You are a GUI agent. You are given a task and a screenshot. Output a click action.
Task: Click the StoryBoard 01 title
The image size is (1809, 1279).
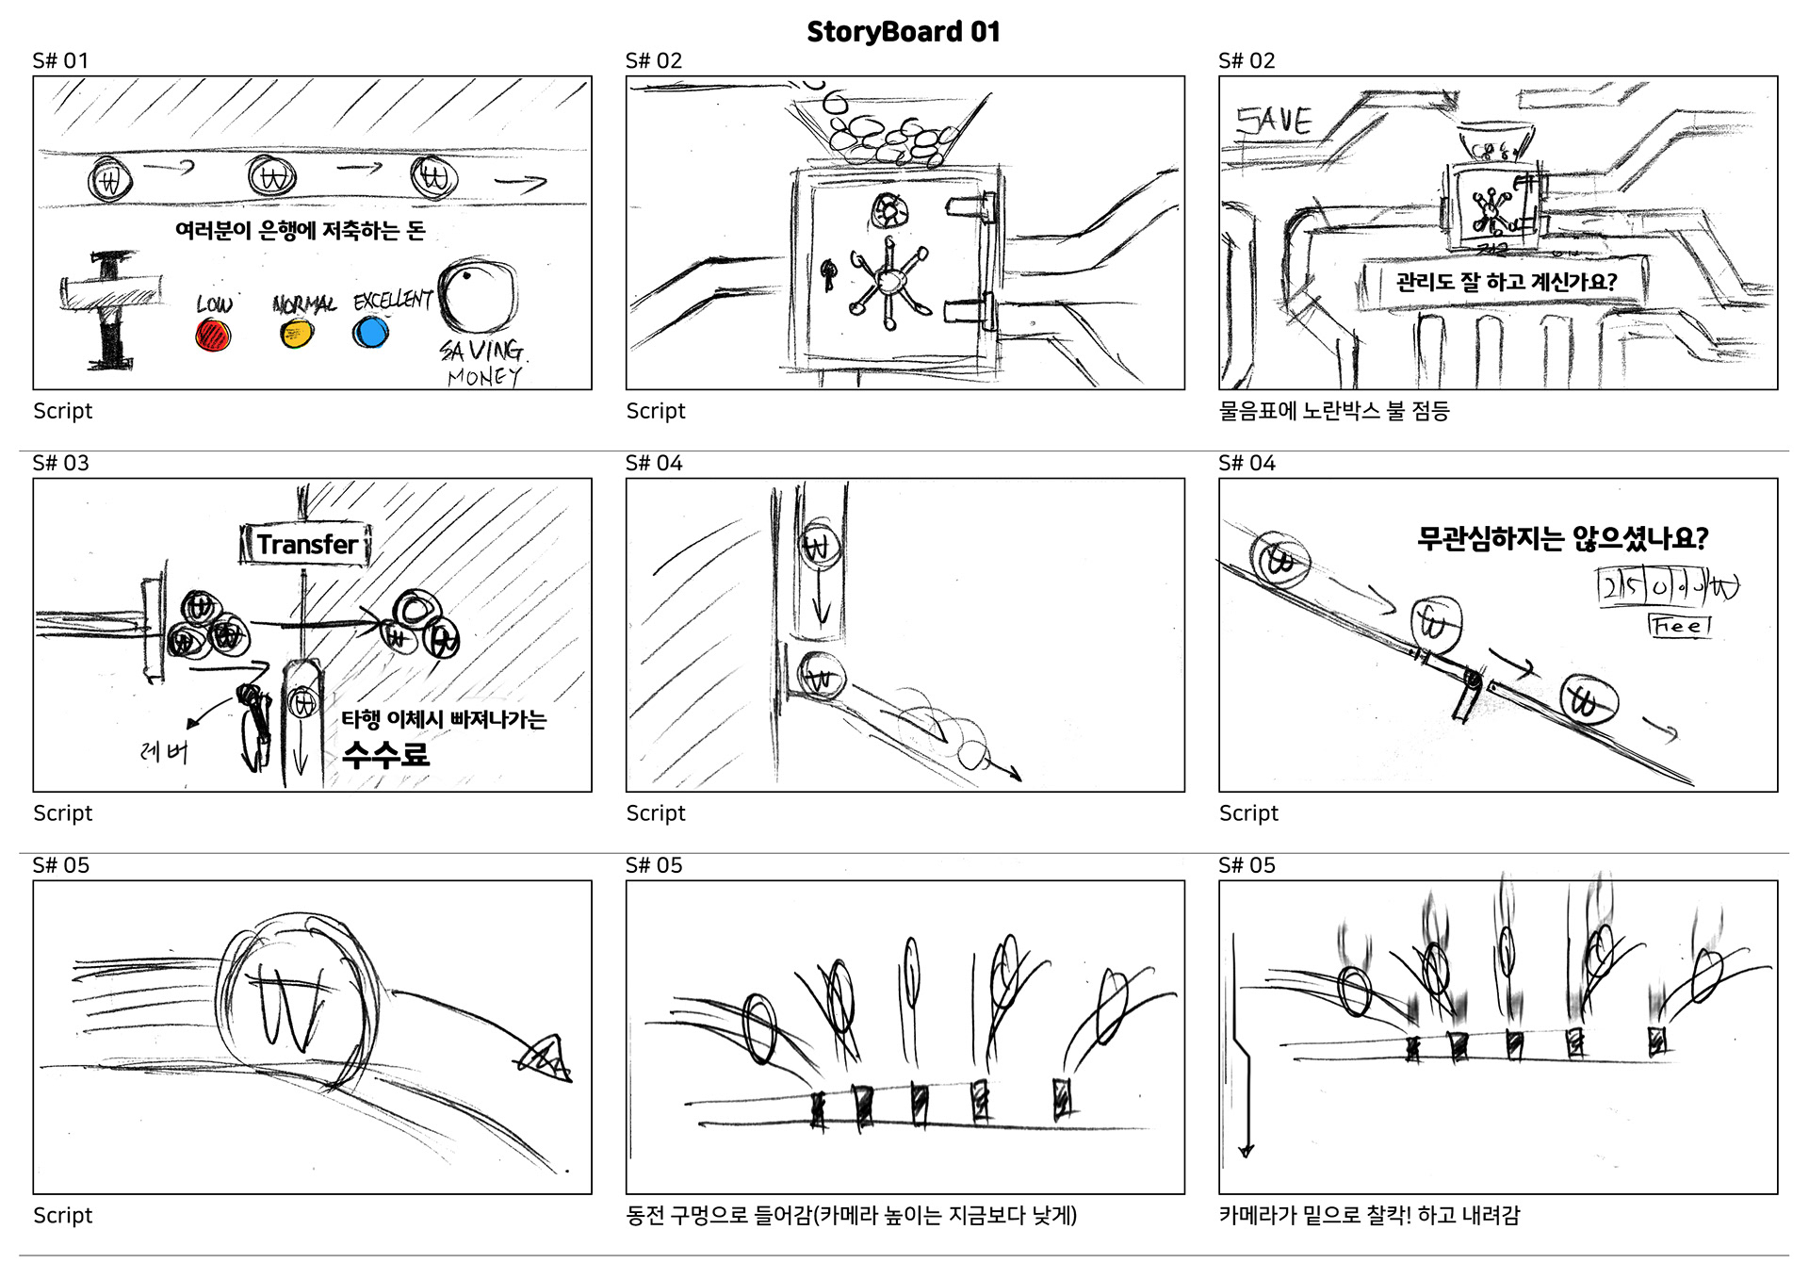coord(903,32)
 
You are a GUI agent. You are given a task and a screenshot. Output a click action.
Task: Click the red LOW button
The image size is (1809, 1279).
coord(213,335)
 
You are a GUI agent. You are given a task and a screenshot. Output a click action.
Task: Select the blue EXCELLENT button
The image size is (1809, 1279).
coord(370,332)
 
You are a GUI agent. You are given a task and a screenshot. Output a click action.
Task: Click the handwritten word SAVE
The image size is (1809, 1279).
coord(1274,122)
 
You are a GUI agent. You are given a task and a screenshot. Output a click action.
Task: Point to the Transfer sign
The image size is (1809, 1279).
coord(305,545)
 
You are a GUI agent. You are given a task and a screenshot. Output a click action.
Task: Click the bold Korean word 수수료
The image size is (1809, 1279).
coord(385,754)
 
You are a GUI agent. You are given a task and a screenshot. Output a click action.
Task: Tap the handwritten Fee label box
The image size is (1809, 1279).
coord(1680,625)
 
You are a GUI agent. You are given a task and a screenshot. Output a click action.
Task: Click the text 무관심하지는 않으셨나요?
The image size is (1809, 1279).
coord(1562,538)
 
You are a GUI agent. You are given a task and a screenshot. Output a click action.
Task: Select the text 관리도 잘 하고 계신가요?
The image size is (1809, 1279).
coord(1506,282)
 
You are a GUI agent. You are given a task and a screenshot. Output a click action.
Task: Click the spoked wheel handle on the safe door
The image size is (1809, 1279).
coord(888,280)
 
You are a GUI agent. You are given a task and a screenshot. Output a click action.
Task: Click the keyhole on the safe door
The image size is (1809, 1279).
coord(829,273)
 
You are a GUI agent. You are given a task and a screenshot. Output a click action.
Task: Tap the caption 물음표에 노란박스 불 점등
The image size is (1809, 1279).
coord(1333,411)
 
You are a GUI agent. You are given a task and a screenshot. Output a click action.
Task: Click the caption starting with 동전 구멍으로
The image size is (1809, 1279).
coord(851,1216)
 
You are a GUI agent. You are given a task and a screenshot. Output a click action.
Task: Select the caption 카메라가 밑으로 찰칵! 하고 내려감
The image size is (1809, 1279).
coord(1369,1216)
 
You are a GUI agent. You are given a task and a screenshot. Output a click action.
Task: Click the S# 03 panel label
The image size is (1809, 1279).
coord(60,463)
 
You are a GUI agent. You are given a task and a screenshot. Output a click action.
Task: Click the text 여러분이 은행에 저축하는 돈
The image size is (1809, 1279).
coord(300,231)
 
